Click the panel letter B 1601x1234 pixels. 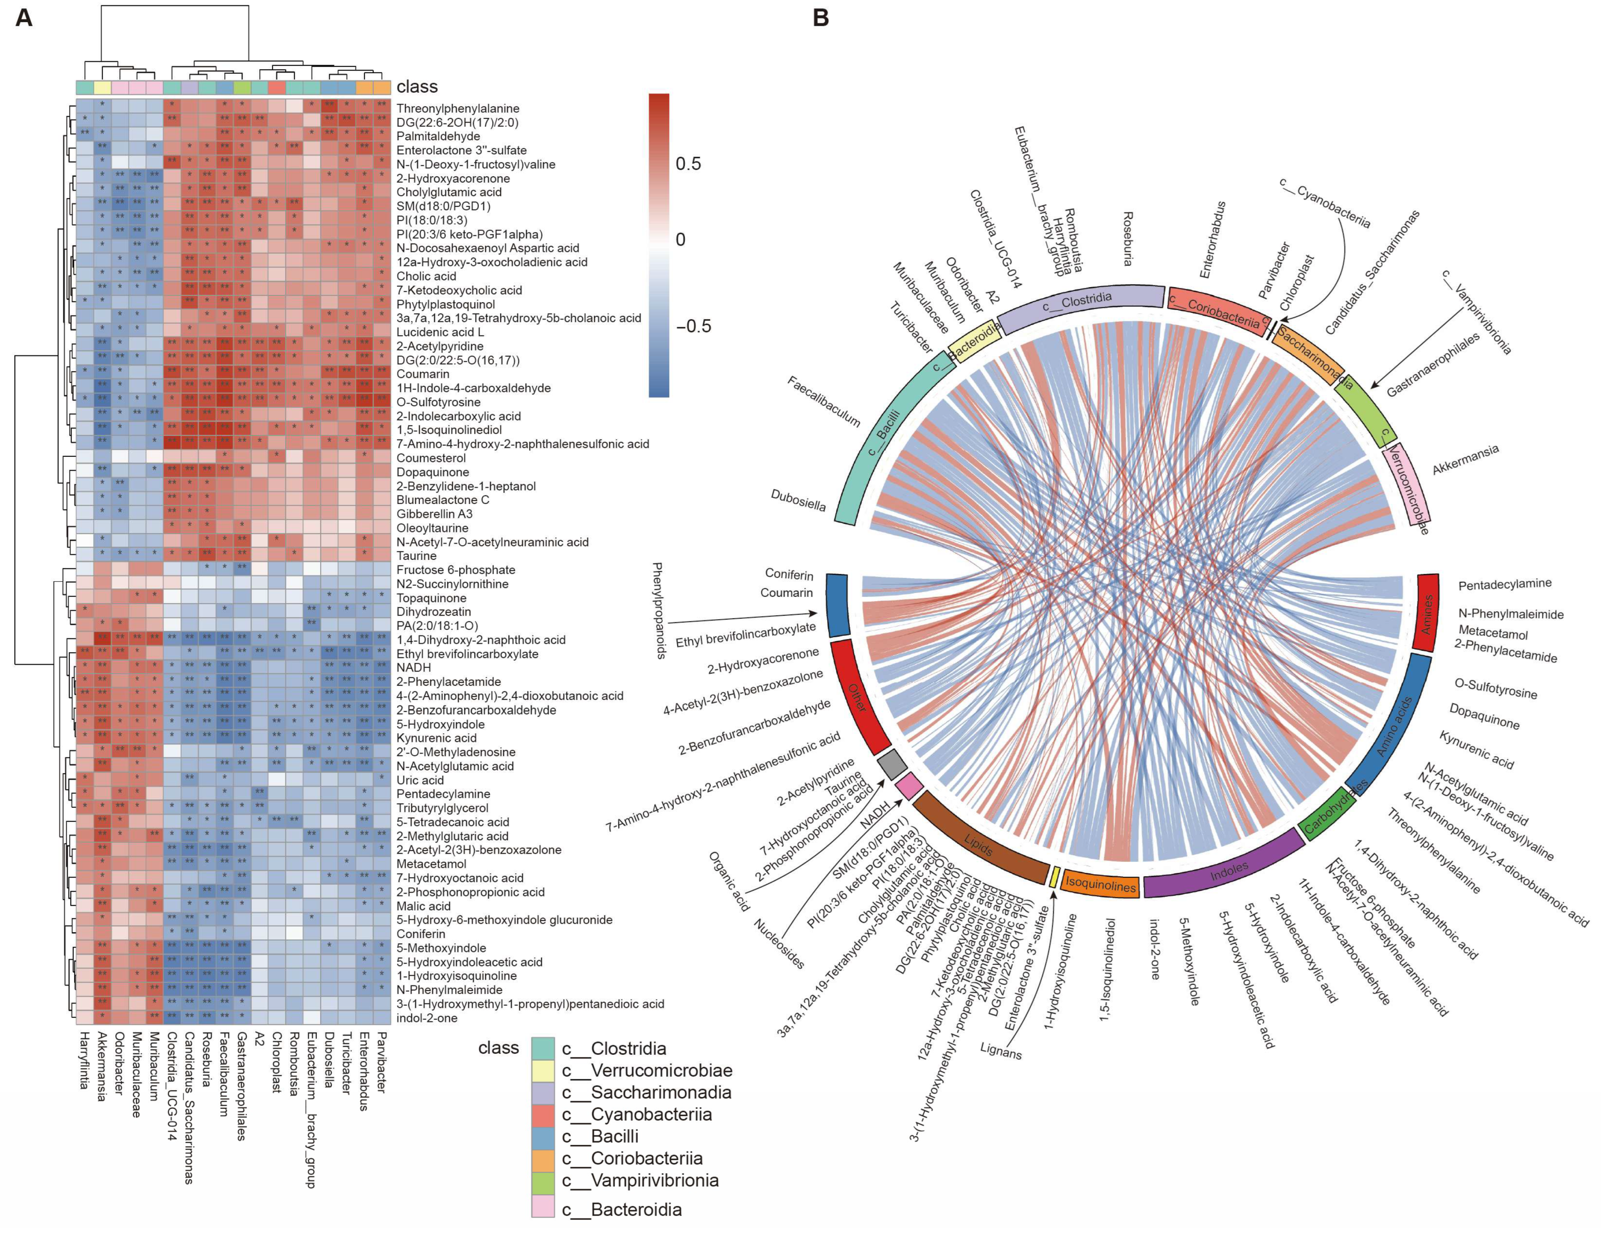(821, 18)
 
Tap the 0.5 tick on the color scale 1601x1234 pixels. (688, 164)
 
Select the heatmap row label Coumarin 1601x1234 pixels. (423, 374)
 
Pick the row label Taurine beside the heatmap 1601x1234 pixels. (416, 556)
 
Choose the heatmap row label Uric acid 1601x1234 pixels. (420, 780)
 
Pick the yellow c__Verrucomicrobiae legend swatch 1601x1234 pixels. (543, 1070)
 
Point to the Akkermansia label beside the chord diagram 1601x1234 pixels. (1464, 460)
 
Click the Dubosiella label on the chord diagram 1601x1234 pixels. (798, 501)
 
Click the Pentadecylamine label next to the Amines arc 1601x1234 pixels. (1504, 584)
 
